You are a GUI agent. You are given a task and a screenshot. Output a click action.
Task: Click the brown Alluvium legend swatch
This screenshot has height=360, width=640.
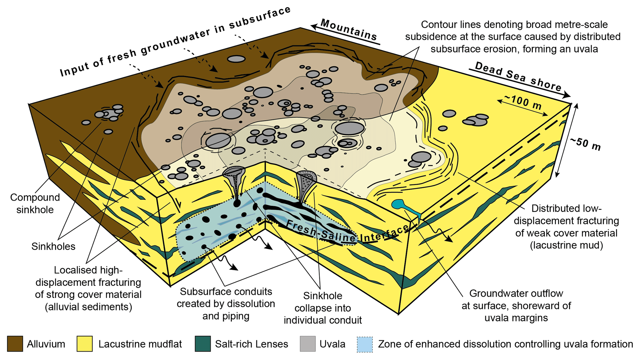15,344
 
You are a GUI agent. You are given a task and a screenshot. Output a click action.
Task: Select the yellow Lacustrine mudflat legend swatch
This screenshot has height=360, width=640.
85,344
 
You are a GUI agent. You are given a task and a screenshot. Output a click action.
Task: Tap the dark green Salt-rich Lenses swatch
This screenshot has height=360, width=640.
203,344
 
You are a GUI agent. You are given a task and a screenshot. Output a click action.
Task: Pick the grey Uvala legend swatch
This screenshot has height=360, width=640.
307,344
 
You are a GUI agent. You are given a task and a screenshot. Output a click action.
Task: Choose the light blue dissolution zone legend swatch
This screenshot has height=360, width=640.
365,344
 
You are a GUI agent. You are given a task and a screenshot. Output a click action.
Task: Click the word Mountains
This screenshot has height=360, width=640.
349,30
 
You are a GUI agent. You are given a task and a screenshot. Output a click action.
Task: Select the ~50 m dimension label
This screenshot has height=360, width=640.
585,144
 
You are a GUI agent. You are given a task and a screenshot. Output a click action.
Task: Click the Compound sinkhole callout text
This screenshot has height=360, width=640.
35,203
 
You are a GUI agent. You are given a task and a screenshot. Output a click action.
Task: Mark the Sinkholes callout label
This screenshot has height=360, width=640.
53,246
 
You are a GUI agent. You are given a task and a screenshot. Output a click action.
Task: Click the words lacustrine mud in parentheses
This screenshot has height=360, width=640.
566,245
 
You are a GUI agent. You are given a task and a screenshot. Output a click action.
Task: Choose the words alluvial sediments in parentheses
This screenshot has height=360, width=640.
88,307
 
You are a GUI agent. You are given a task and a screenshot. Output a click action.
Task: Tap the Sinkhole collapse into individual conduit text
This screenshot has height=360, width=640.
323,308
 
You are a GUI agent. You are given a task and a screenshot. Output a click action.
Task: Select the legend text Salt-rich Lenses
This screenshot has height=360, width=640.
251,344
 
